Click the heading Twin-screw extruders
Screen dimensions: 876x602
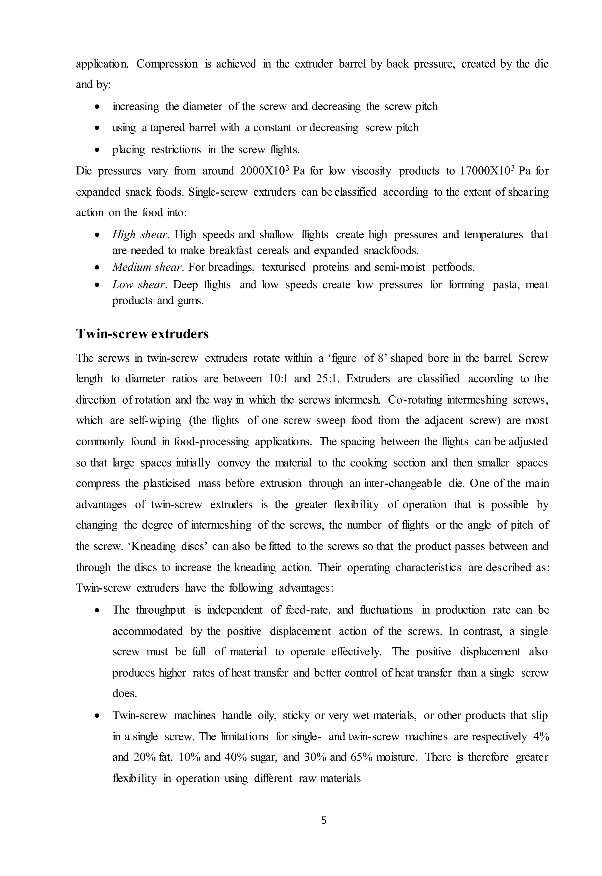point(142,334)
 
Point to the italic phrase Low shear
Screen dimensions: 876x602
point(138,285)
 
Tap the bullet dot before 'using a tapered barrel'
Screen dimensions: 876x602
point(97,128)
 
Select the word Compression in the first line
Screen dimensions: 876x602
point(167,64)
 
